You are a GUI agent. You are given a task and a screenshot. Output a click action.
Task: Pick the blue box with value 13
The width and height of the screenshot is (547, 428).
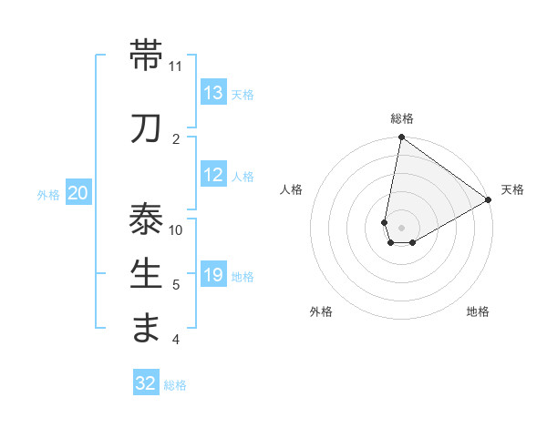pos(213,93)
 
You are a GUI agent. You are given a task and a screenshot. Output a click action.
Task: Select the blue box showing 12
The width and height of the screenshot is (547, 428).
pos(213,176)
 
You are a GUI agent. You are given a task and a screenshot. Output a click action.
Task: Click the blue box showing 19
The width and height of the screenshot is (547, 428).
pos(213,275)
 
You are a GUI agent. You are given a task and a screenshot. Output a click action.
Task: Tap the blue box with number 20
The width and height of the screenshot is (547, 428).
pos(78,193)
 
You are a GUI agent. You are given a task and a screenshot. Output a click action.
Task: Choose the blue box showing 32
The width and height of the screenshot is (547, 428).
pos(146,383)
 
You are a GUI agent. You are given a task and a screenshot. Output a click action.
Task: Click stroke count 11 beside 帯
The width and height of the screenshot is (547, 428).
pos(176,66)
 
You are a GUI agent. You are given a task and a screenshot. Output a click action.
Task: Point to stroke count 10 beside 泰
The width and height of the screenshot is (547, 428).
pos(176,229)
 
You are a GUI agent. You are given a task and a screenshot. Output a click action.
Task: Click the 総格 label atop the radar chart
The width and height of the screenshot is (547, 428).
pos(402,118)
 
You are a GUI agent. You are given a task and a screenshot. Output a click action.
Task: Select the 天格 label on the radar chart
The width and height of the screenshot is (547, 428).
pos(512,189)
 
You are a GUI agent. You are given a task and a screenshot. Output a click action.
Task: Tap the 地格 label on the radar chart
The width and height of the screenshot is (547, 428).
pos(478,311)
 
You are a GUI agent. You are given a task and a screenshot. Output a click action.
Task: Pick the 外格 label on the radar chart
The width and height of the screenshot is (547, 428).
pos(321,311)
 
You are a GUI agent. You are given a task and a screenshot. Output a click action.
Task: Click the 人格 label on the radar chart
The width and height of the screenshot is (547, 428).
pos(291,189)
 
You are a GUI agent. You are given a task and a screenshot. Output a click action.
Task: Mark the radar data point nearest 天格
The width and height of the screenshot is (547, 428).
pos(489,200)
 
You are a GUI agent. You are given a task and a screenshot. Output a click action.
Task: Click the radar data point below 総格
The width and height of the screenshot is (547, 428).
pos(401,138)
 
